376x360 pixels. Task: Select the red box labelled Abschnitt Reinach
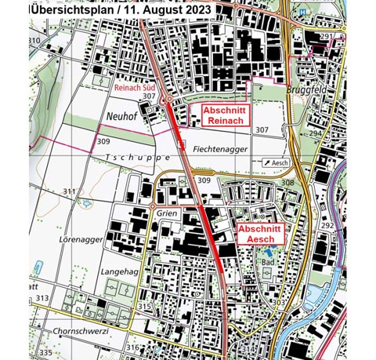point(225,116)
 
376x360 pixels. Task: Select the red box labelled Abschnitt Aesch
point(258,232)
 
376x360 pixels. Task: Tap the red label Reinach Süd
point(134,88)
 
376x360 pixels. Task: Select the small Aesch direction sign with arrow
point(276,162)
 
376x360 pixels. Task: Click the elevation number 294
point(314,134)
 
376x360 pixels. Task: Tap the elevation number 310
point(34,40)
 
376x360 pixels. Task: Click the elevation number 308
point(287,183)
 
